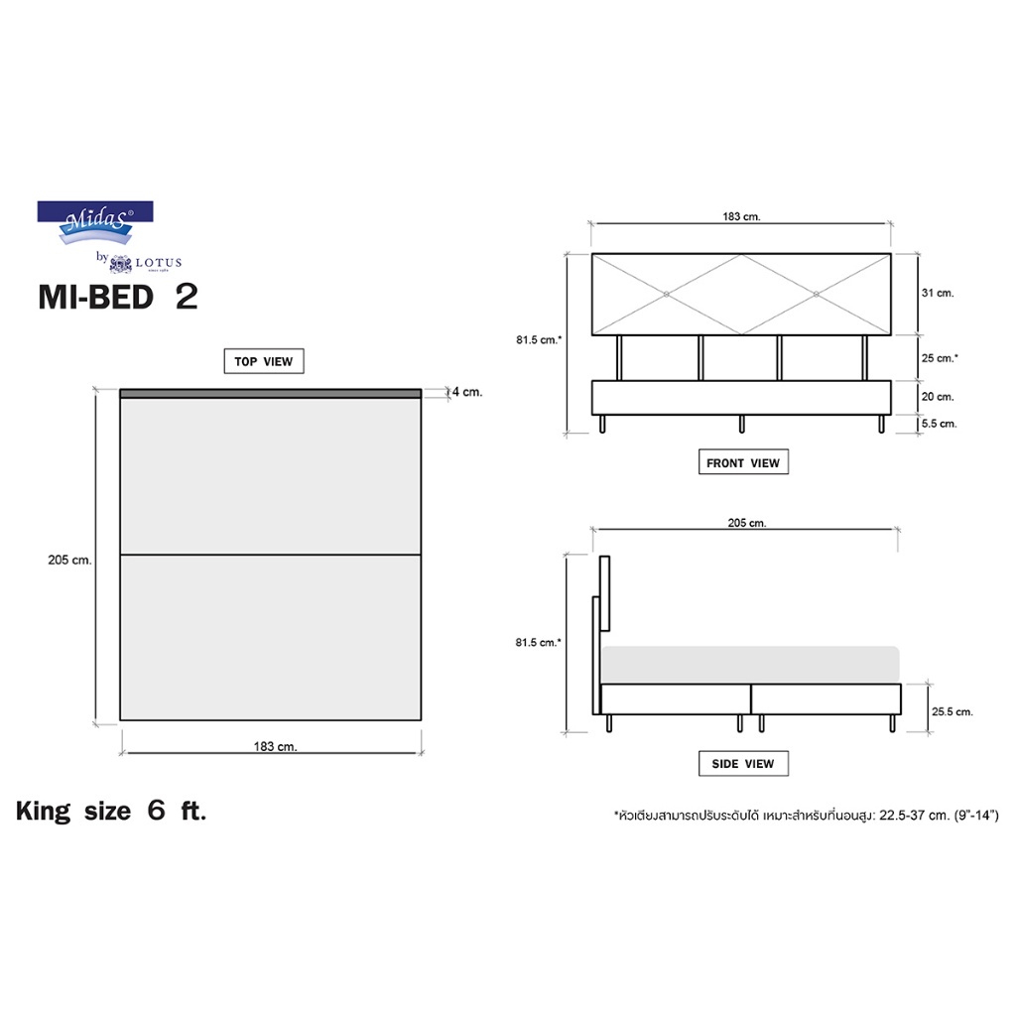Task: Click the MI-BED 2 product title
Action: (118, 297)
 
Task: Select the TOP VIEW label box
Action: (264, 361)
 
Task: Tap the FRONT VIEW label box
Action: (743, 462)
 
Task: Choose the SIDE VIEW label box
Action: (743, 763)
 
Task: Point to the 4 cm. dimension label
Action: (467, 392)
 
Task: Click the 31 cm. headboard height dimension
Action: (938, 293)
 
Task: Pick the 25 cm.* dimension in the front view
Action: (940, 357)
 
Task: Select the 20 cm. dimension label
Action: (938, 397)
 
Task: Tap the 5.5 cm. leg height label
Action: (939, 424)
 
